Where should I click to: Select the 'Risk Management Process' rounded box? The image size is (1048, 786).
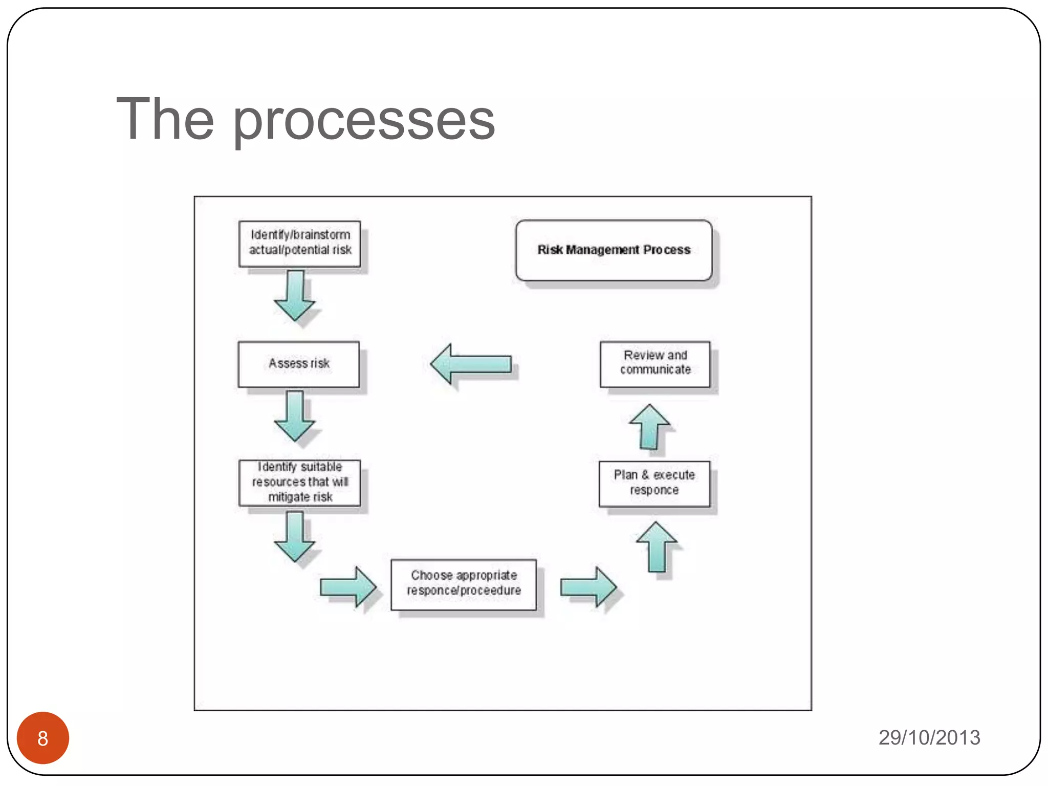614,250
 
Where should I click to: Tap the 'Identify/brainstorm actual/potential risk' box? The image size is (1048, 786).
300,244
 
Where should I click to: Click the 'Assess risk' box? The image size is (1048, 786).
299,364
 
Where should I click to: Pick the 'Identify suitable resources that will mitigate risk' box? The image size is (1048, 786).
300,483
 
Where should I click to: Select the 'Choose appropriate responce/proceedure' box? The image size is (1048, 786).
464,584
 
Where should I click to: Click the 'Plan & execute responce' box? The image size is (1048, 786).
654,484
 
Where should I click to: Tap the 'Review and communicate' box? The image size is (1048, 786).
655,363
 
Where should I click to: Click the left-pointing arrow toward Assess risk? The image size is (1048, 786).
471,364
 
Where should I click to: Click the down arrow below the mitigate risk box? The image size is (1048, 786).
295,536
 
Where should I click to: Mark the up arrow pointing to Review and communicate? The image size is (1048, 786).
649,427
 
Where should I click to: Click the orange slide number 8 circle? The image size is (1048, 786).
43,737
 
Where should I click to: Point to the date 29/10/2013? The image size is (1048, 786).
929,737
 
